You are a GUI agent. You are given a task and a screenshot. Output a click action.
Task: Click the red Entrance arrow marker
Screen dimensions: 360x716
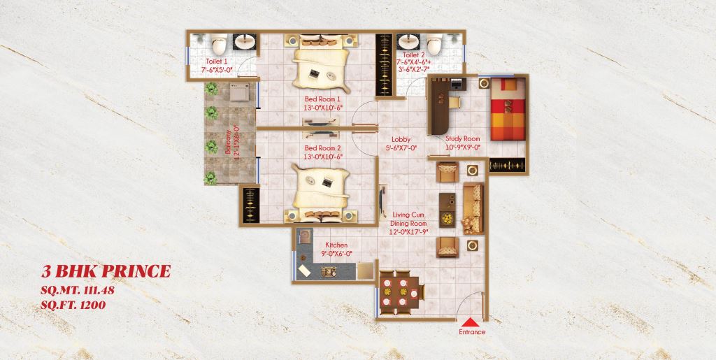pos(473,319)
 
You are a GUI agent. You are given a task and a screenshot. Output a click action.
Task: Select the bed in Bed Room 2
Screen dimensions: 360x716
pos(322,189)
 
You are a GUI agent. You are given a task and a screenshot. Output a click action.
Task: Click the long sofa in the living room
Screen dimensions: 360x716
pos(473,208)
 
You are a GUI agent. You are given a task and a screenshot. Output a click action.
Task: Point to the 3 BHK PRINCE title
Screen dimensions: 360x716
pos(105,271)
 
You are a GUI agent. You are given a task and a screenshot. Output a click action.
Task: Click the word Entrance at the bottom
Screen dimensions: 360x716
pos(472,331)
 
